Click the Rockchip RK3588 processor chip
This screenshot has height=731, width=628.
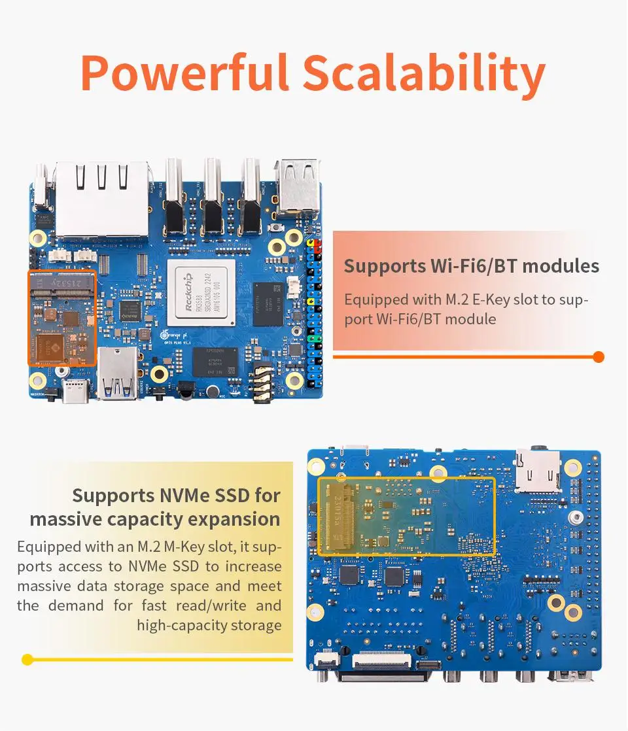(x=200, y=292)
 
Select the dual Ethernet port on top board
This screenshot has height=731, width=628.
(x=101, y=198)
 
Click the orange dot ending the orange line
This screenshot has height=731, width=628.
(x=598, y=357)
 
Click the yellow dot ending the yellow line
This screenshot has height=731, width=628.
(x=27, y=659)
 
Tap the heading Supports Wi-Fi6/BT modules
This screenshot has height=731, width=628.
(x=471, y=266)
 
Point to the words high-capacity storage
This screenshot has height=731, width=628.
(x=209, y=625)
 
